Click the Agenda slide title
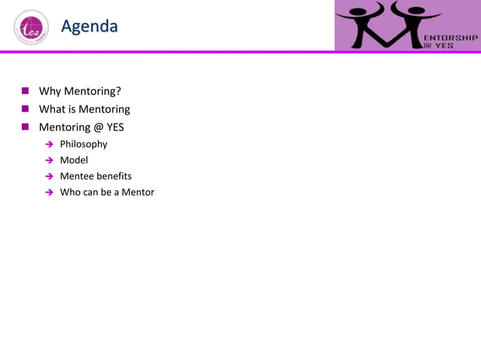pyautogui.click(x=89, y=27)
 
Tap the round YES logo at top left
pyautogui.click(x=30, y=29)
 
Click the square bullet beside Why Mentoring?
pyautogui.click(x=25, y=92)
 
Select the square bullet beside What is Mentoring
pyautogui.click(x=25, y=109)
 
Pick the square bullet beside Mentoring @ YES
pyautogui.click(x=25, y=127)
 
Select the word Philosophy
pyautogui.click(x=84, y=144)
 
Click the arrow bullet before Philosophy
pyautogui.click(x=49, y=145)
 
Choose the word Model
pyautogui.click(x=74, y=160)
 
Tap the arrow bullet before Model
pyautogui.click(x=49, y=160)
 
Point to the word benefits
pyautogui.click(x=114, y=176)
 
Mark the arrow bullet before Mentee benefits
pyautogui.click(x=49, y=177)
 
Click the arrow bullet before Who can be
pyautogui.click(x=49, y=193)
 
